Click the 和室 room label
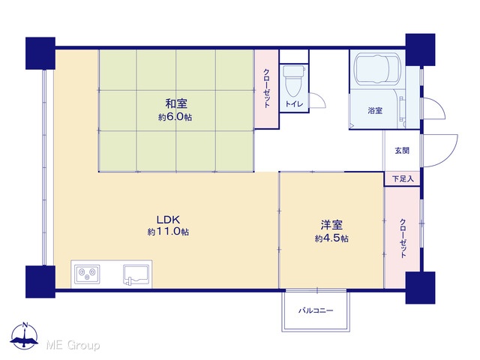176,103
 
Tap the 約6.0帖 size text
175,117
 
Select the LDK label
168,220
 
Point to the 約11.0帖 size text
168,232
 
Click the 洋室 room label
331,225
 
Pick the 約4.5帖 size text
331,238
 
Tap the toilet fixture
293,80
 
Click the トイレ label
294,103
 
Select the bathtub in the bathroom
377,70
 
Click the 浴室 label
375,110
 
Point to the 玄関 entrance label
402,150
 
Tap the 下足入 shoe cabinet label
403,178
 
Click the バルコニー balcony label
316,310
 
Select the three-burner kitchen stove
88,274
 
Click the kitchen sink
136,274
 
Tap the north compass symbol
25,336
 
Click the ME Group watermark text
73,345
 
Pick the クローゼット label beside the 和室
267,88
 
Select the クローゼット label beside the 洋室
403,238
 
